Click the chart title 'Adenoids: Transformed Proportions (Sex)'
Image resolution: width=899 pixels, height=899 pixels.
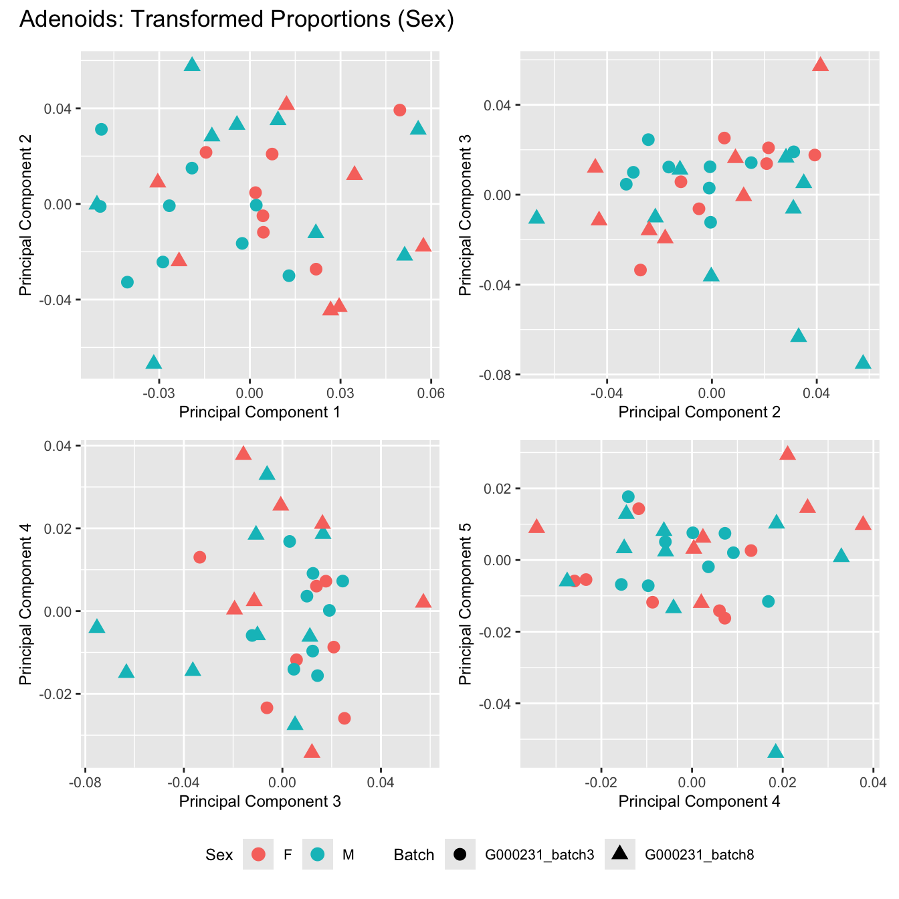[237, 19]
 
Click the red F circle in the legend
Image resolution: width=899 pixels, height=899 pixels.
[258, 854]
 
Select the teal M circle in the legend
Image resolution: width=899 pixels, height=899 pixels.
[318, 854]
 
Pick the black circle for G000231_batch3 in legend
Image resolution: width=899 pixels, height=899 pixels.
[460, 854]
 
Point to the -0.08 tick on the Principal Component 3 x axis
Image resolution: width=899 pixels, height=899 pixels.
[84, 781]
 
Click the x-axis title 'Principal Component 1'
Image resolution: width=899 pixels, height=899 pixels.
[260, 412]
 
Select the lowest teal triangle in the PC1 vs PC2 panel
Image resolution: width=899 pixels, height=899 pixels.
[154, 363]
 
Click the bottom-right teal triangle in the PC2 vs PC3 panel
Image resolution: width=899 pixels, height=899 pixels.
[863, 363]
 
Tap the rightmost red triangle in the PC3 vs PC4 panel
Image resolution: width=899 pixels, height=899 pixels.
[423, 601]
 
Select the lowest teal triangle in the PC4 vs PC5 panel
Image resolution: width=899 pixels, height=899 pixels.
[775, 752]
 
